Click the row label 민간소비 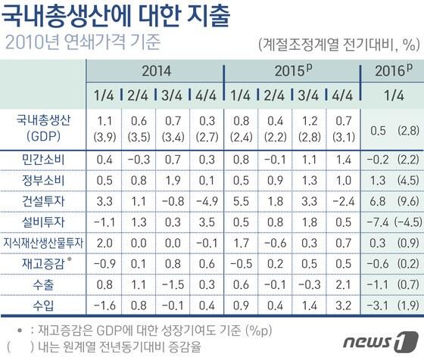(x=43, y=159)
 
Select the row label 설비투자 (x=43, y=222)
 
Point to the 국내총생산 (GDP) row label (x=43, y=126)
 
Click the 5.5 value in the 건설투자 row (x=241, y=202)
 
